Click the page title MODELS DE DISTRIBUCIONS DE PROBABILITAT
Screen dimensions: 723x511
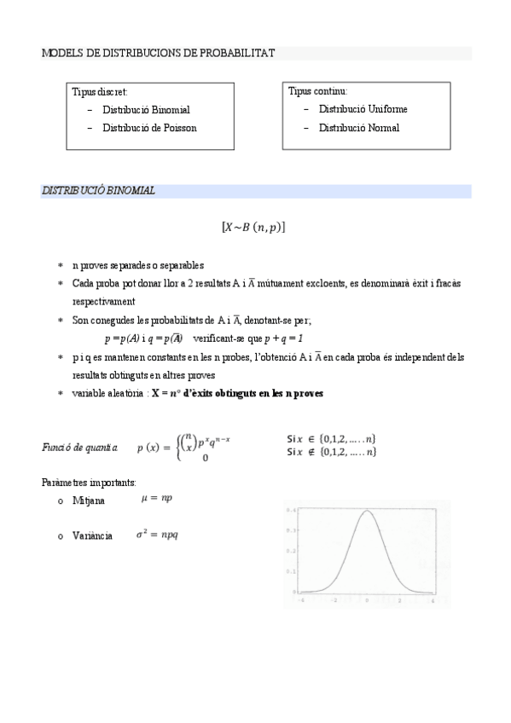point(158,53)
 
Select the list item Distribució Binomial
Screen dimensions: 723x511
point(146,110)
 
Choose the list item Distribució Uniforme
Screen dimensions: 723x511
point(363,109)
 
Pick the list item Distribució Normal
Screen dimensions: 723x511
point(358,128)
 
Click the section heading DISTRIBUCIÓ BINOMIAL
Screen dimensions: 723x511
point(99,191)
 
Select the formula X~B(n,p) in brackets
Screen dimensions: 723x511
point(253,228)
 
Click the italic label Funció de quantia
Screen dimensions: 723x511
point(82,447)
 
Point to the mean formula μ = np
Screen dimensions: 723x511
point(156,498)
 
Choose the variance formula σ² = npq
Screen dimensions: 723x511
point(158,535)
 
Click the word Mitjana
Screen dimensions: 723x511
point(89,500)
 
